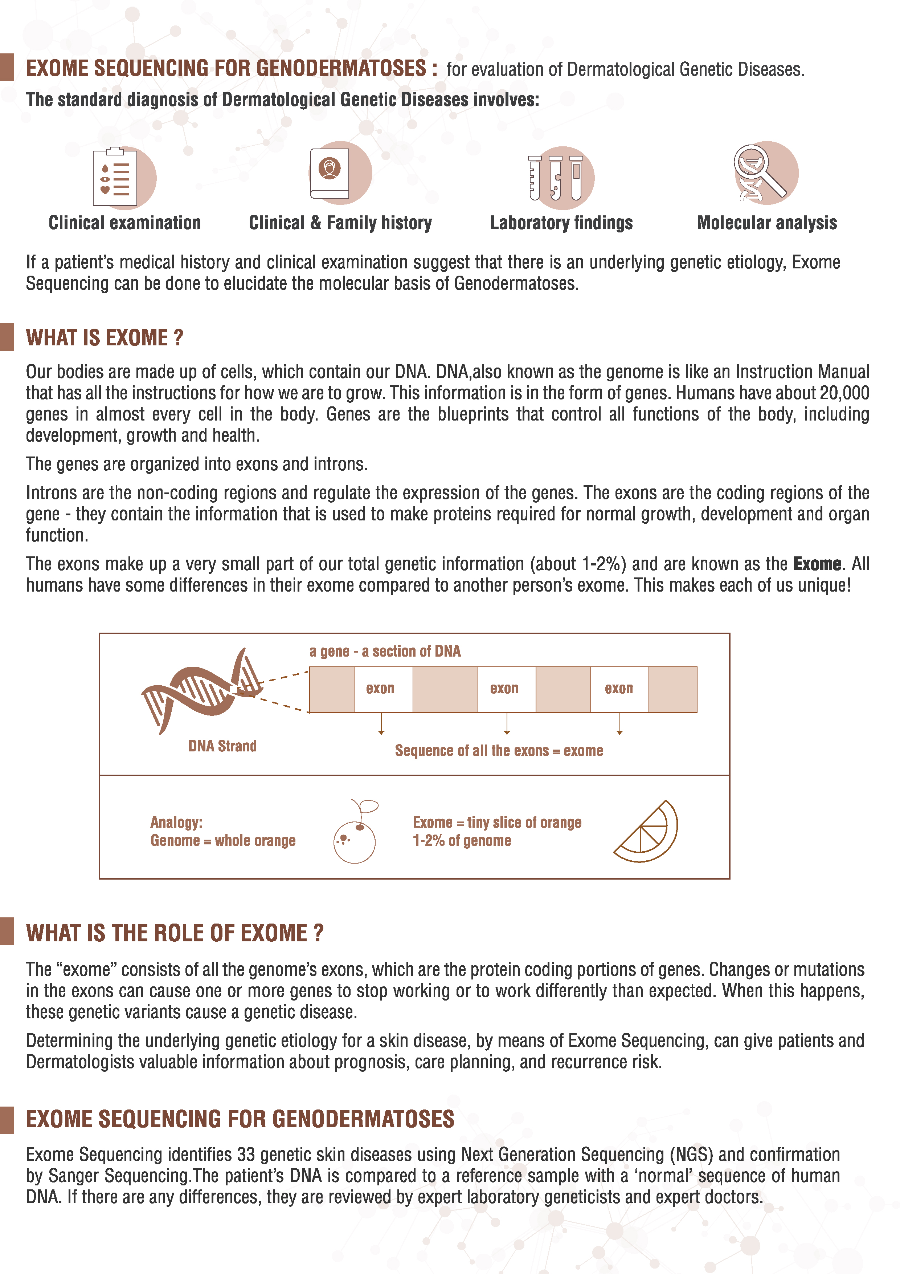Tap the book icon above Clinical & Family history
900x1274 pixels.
click(x=330, y=173)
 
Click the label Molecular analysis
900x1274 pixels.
click(x=766, y=223)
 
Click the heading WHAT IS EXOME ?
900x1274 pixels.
click(x=104, y=338)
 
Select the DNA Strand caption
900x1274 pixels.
click(x=222, y=746)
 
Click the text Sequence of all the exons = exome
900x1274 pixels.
click(x=499, y=751)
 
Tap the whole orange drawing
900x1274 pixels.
click(x=355, y=835)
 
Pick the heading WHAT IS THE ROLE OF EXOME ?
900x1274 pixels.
click(x=175, y=933)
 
